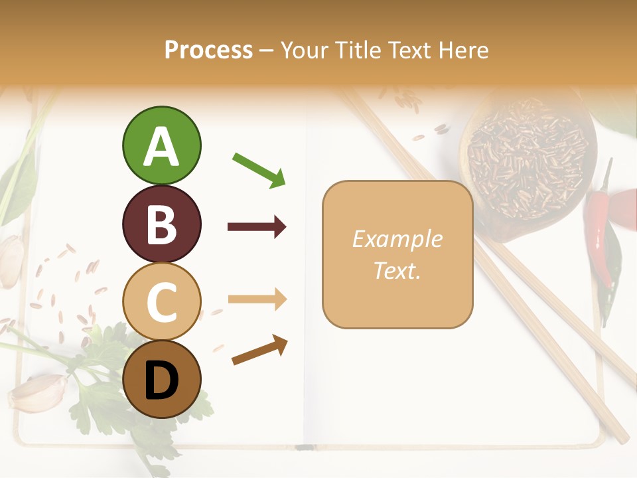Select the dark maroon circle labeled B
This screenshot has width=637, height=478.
(x=162, y=224)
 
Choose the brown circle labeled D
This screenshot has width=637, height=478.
(x=162, y=380)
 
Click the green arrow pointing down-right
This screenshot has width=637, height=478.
(x=259, y=169)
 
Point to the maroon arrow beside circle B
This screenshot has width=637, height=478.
(x=257, y=227)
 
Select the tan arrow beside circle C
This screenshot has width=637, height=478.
(x=257, y=299)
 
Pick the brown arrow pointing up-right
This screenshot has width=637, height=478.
(x=259, y=350)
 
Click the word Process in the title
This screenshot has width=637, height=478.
(x=208, y=50)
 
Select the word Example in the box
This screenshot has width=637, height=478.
(x=397, y=239)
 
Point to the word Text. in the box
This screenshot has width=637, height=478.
(x=397, y=270)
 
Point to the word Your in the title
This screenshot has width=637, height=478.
(x=305, y=50)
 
